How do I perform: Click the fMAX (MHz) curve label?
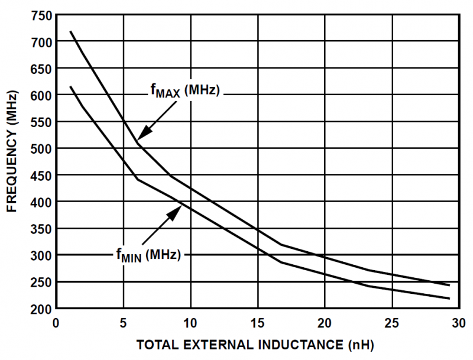185,91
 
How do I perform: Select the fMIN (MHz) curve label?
147,254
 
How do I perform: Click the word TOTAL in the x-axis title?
155,345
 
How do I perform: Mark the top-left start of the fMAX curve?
70,31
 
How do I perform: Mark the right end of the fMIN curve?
449,299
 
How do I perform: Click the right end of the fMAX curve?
449,285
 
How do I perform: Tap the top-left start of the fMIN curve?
70,87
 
